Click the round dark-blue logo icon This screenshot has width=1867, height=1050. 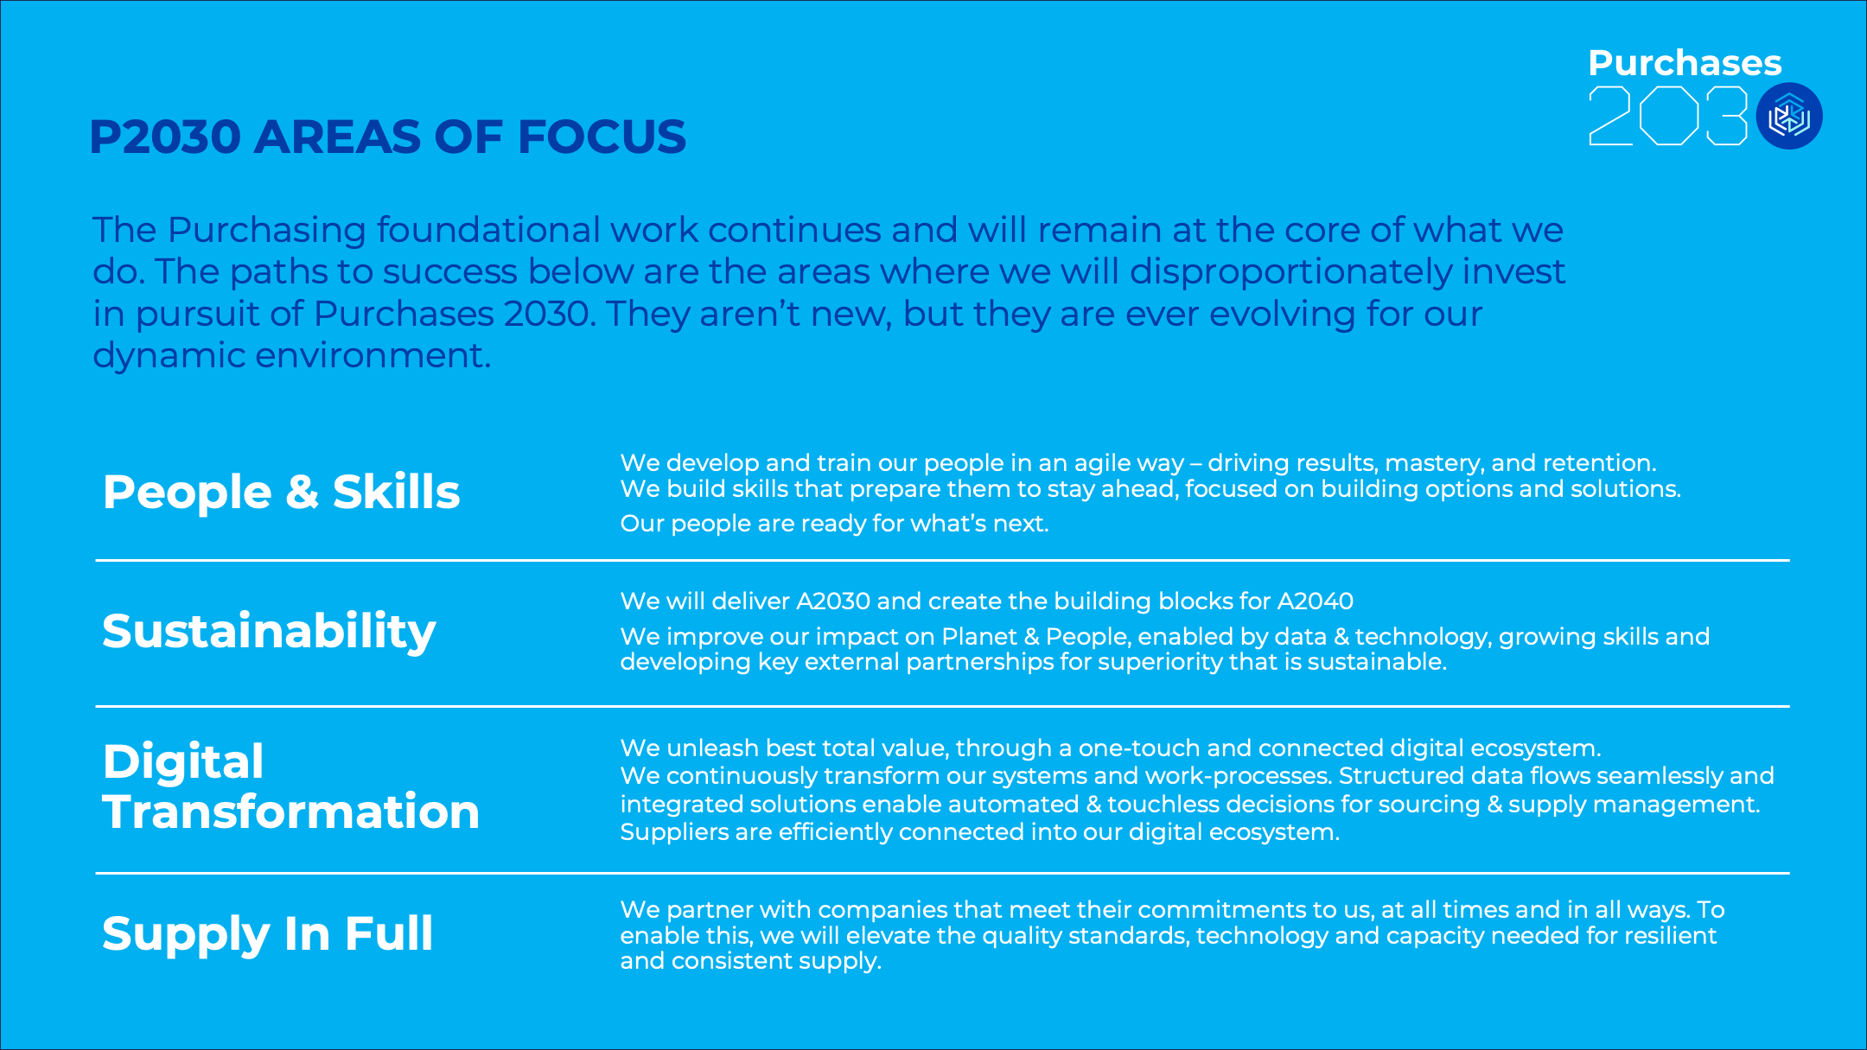[x=1789, y=116]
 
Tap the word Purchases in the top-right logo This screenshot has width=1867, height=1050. [x=1685, y=62]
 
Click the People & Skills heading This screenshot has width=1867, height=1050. [x=281, y=492]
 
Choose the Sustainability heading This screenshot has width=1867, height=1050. [x=269, y=632]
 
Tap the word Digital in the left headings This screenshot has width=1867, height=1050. [x=183, y=762]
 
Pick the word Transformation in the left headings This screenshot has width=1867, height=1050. [x=290, y=811]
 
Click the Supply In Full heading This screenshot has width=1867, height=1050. [x=267, y=934]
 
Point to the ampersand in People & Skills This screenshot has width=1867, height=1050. [x=303, y=492]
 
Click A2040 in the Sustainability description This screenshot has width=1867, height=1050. [x=1315, y=601]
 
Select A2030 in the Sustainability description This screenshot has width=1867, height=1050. [x=833, y=601]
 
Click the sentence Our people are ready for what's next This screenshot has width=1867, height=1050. [x=834, y=524]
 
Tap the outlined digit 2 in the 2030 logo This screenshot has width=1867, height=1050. [x=1610, y=116]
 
